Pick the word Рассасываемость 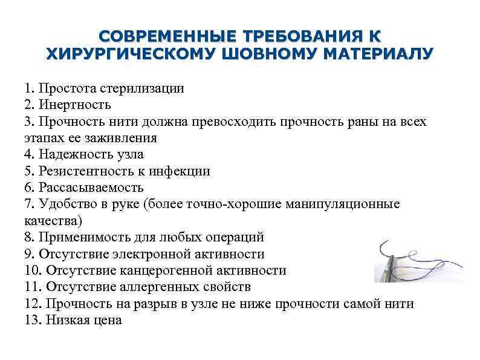[91, 188]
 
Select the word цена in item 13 [108, 320]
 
